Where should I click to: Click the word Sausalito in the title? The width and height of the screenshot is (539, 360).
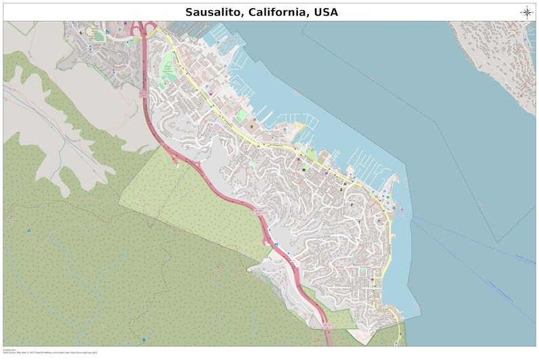[213, 12]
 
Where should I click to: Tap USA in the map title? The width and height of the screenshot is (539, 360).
[325, 12]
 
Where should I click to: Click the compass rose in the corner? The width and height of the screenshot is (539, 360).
[527, 12]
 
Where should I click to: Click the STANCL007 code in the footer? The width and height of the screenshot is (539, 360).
[9, 350]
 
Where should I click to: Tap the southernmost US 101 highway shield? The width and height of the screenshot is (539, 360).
[327, 327]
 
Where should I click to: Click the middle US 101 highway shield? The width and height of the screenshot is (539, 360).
[259, 213]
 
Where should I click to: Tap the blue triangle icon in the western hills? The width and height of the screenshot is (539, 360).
[29, 230]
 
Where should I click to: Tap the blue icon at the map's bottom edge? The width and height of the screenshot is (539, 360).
[143, 340]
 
